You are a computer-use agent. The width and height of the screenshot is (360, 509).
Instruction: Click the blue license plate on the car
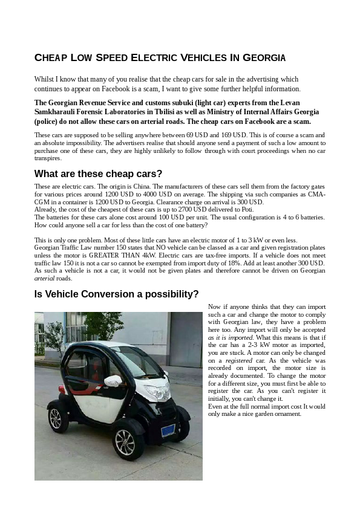tap(168, 430)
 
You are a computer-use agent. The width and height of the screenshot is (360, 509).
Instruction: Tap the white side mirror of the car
tap(113, 381)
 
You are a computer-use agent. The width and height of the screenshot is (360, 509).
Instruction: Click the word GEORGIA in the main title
tap(264, 59)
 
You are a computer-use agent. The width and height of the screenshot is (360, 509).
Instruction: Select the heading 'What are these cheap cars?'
tap(98, 174)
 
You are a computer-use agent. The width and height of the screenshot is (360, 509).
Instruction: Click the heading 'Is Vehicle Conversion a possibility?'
tap(116, 294)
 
